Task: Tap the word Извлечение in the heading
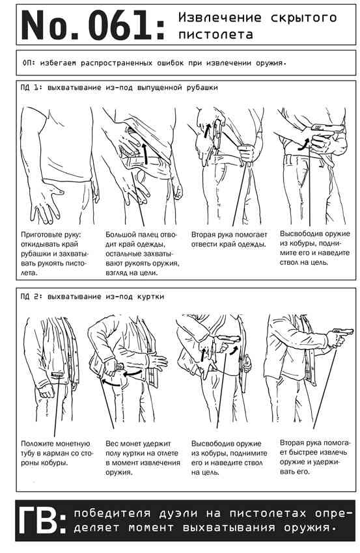click(x=220, y=17)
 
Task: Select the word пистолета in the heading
click(x=215, y=34)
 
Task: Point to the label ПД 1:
click(x=31, y=87)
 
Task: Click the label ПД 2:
click(x=31, y=297)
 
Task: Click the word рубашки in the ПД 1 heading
click(x=202, y=87)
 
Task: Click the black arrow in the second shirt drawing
click(x=145, y=153)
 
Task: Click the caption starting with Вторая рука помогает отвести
click(x=229, y=239)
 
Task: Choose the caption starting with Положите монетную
click(x=56, y=453)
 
